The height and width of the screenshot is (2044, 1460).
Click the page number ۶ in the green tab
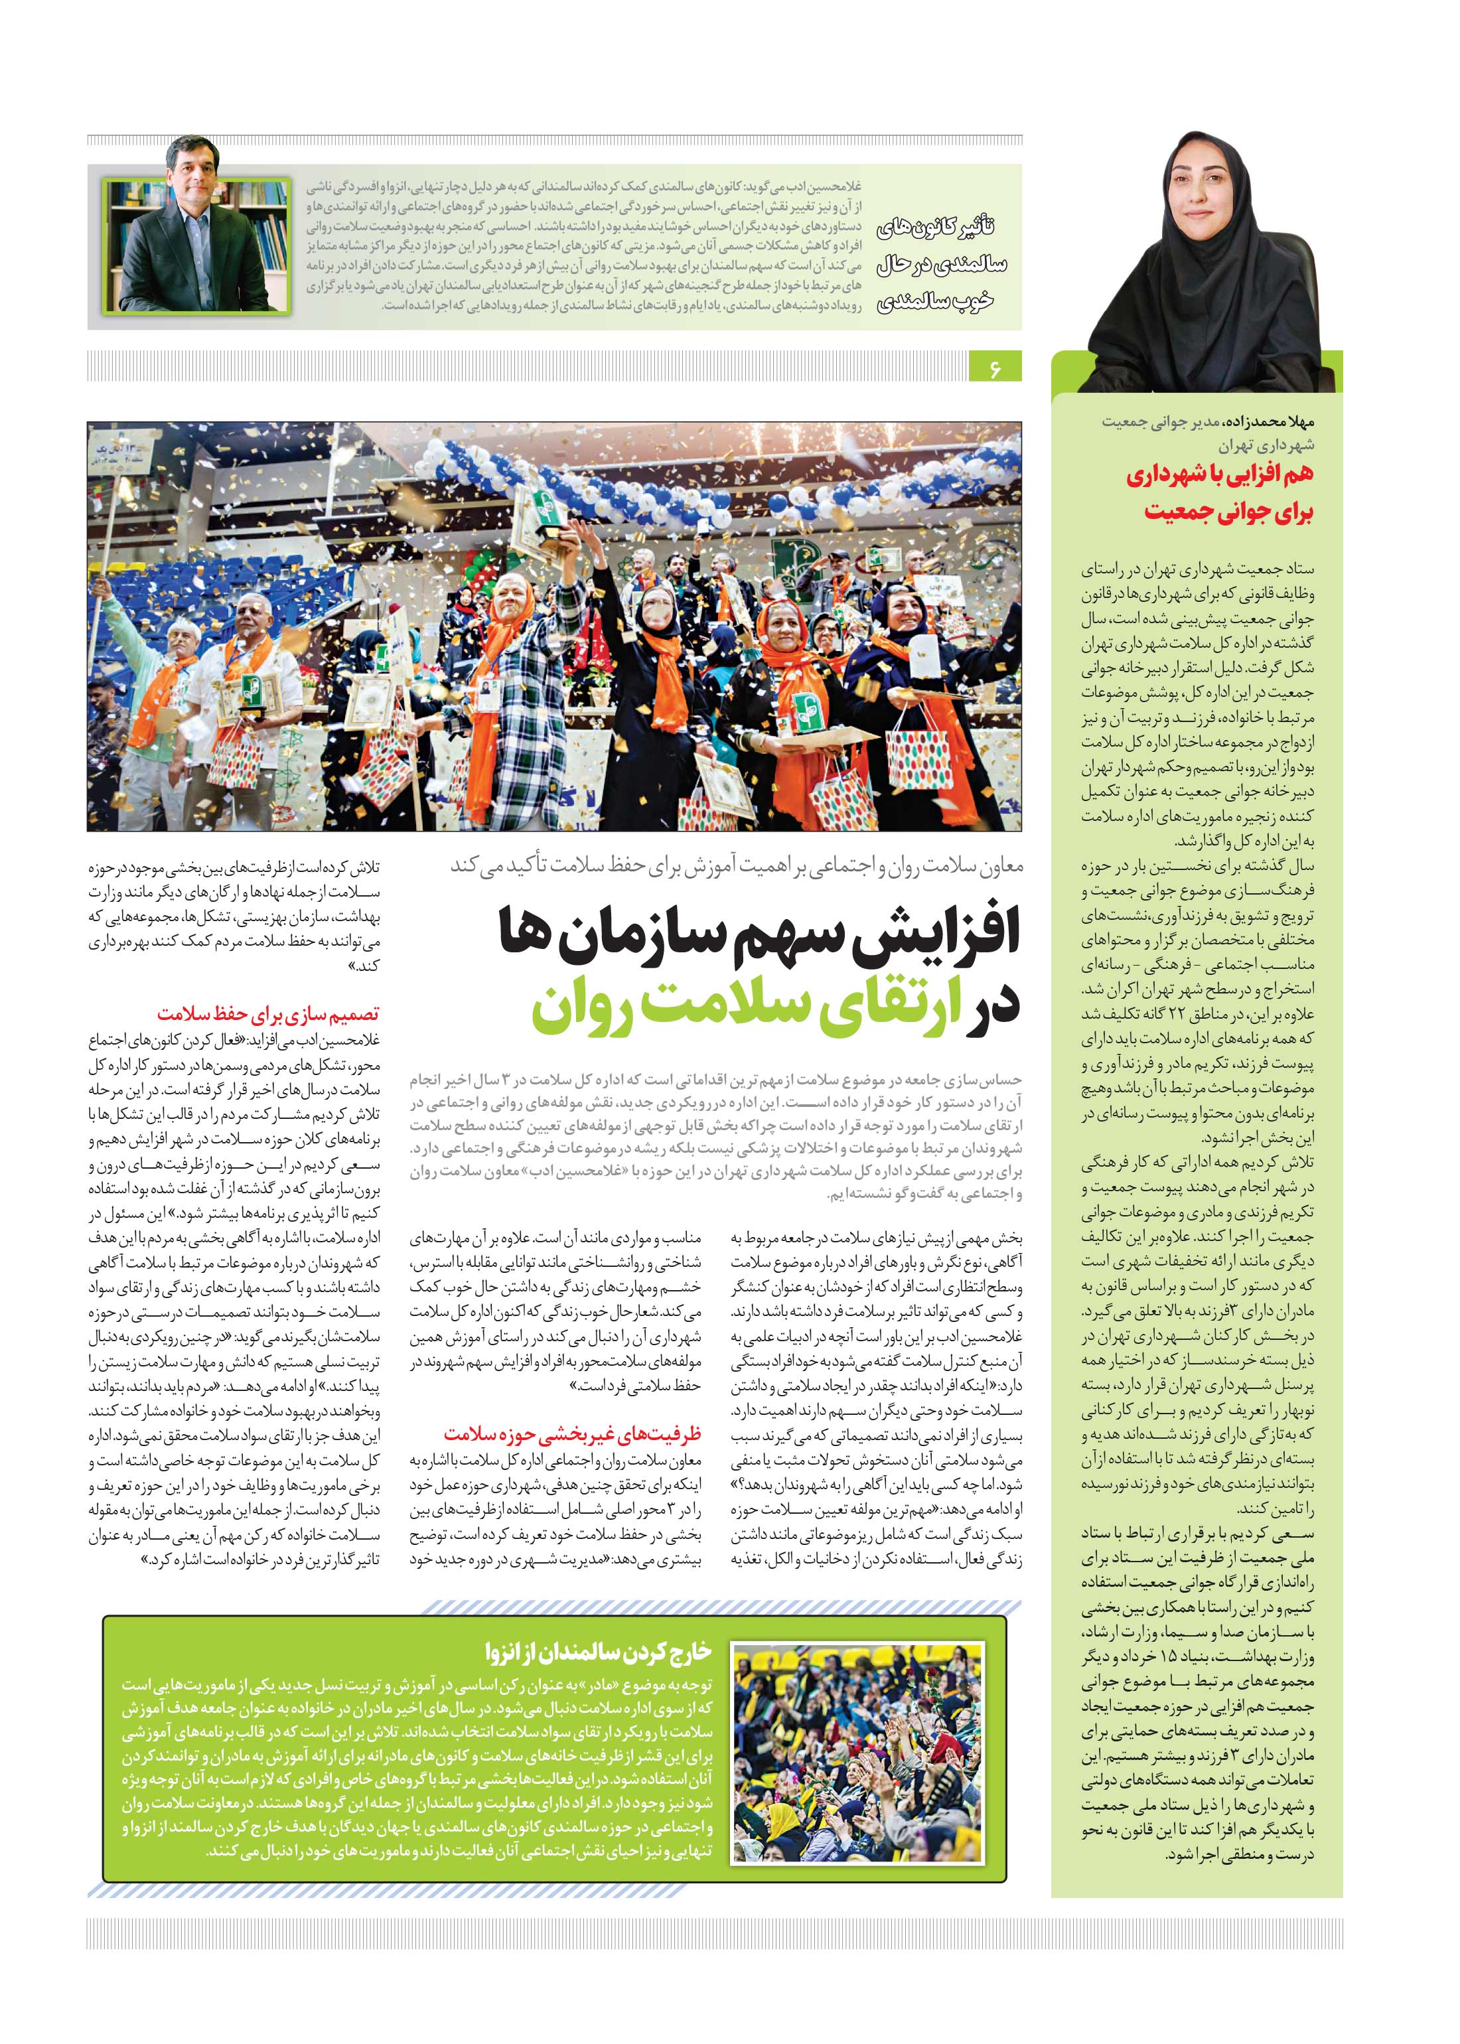point(995,368)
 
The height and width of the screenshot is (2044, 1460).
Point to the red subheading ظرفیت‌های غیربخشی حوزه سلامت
point(572,1433)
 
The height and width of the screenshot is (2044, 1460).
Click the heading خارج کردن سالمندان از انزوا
point(598,1650)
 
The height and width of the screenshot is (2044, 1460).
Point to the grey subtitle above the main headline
point(736,865)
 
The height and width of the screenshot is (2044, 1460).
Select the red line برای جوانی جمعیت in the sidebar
point(1228,512)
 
